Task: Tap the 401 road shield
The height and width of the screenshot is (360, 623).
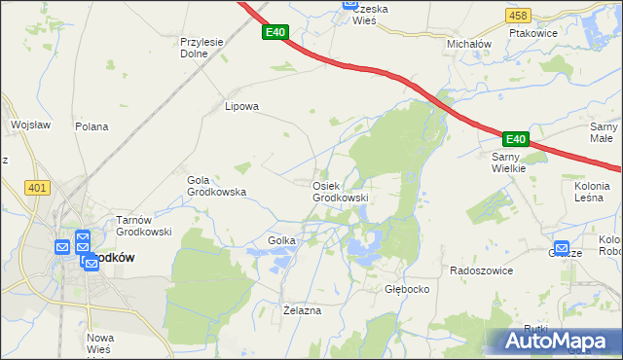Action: (38, 188)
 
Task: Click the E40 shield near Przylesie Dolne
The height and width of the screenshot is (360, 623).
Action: (275, 32)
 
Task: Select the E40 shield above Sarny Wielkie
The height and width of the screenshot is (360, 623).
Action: (515, 139)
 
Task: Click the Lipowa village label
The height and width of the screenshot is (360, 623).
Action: (241, 107)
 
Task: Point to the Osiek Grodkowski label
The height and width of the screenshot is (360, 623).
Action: (340, 192)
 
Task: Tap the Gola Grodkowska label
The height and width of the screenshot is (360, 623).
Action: (216, 186)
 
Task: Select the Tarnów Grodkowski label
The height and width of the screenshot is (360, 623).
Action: (144, 226)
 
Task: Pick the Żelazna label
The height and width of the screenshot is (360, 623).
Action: (301, 310)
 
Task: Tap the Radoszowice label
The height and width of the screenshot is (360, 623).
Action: (481, 270)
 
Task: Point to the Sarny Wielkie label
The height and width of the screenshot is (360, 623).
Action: (508, 162)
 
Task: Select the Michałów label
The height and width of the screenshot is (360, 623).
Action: (469, 45)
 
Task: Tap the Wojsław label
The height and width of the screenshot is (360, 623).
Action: (30, 125)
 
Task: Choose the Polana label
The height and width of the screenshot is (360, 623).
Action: (92, 126)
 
